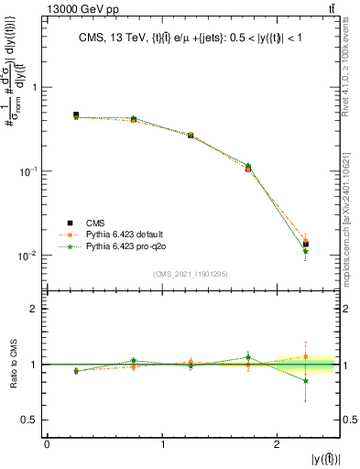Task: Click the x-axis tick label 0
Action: (47, 443)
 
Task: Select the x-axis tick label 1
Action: (163, 443)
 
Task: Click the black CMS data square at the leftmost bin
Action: (76, 115)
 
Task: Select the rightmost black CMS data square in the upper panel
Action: (306, 245)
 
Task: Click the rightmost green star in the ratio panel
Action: (306, 381)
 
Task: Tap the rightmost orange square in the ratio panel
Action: (306, 357)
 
